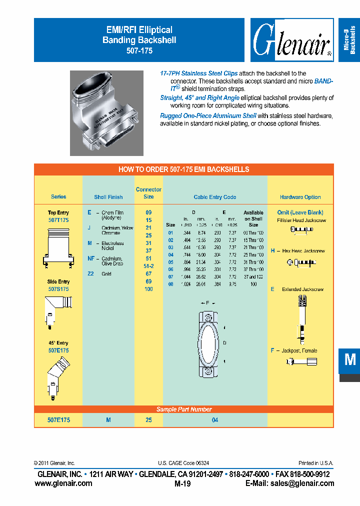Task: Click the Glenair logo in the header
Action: (x=292, y=40)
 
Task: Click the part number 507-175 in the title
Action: (x=139, y=51)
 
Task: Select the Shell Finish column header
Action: (x=108, y=197)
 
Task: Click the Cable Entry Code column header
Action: (x=215, y=197)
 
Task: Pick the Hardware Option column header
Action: (x=300, y=197)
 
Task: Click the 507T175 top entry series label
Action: (x=58, y=219)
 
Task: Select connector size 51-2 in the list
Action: (x=148, y=266)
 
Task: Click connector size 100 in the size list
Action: (x=148, y=289)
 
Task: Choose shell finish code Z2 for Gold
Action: (x=91, y=273)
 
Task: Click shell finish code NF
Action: (x=91, y=258)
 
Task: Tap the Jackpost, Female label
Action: (x=296, y=350)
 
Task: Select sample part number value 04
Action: (x=215, y=420)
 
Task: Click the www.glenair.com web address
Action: (x=63, y=483)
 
